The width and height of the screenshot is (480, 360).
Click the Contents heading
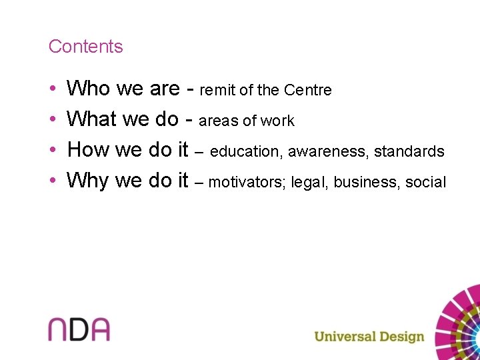pyautogui.click(x=85, y=47)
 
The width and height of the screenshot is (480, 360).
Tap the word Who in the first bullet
pyautogui.click(x=89, y=88)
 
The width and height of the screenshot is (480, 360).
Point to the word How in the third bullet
pyautogui.click(x=89, y=149)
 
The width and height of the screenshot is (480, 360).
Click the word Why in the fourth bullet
pyautogui.click(x=89, y=180)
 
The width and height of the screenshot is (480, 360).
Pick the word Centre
pyautogui.click(x=307, y=90)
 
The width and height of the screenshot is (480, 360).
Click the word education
pyautogui.click(x=246, y=152)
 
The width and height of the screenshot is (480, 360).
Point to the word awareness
pyautogui.click(x=328, y=152)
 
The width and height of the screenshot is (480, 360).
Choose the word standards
pyautogui.click(x=409, y=152)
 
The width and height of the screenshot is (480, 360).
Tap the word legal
pyautogui.click(x=310, y=182)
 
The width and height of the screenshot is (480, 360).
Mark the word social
pyautogui.click(x=425, y=182)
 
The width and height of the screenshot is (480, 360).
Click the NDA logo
pyautogui.click(x=79, y=329)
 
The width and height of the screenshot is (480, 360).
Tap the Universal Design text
pyautogui.click(x=369, y=336)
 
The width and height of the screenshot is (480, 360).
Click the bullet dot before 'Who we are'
pyautogui.click(x=52, y=89)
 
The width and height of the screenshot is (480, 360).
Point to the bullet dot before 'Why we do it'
pyautogui.click(x=52, y=181)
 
